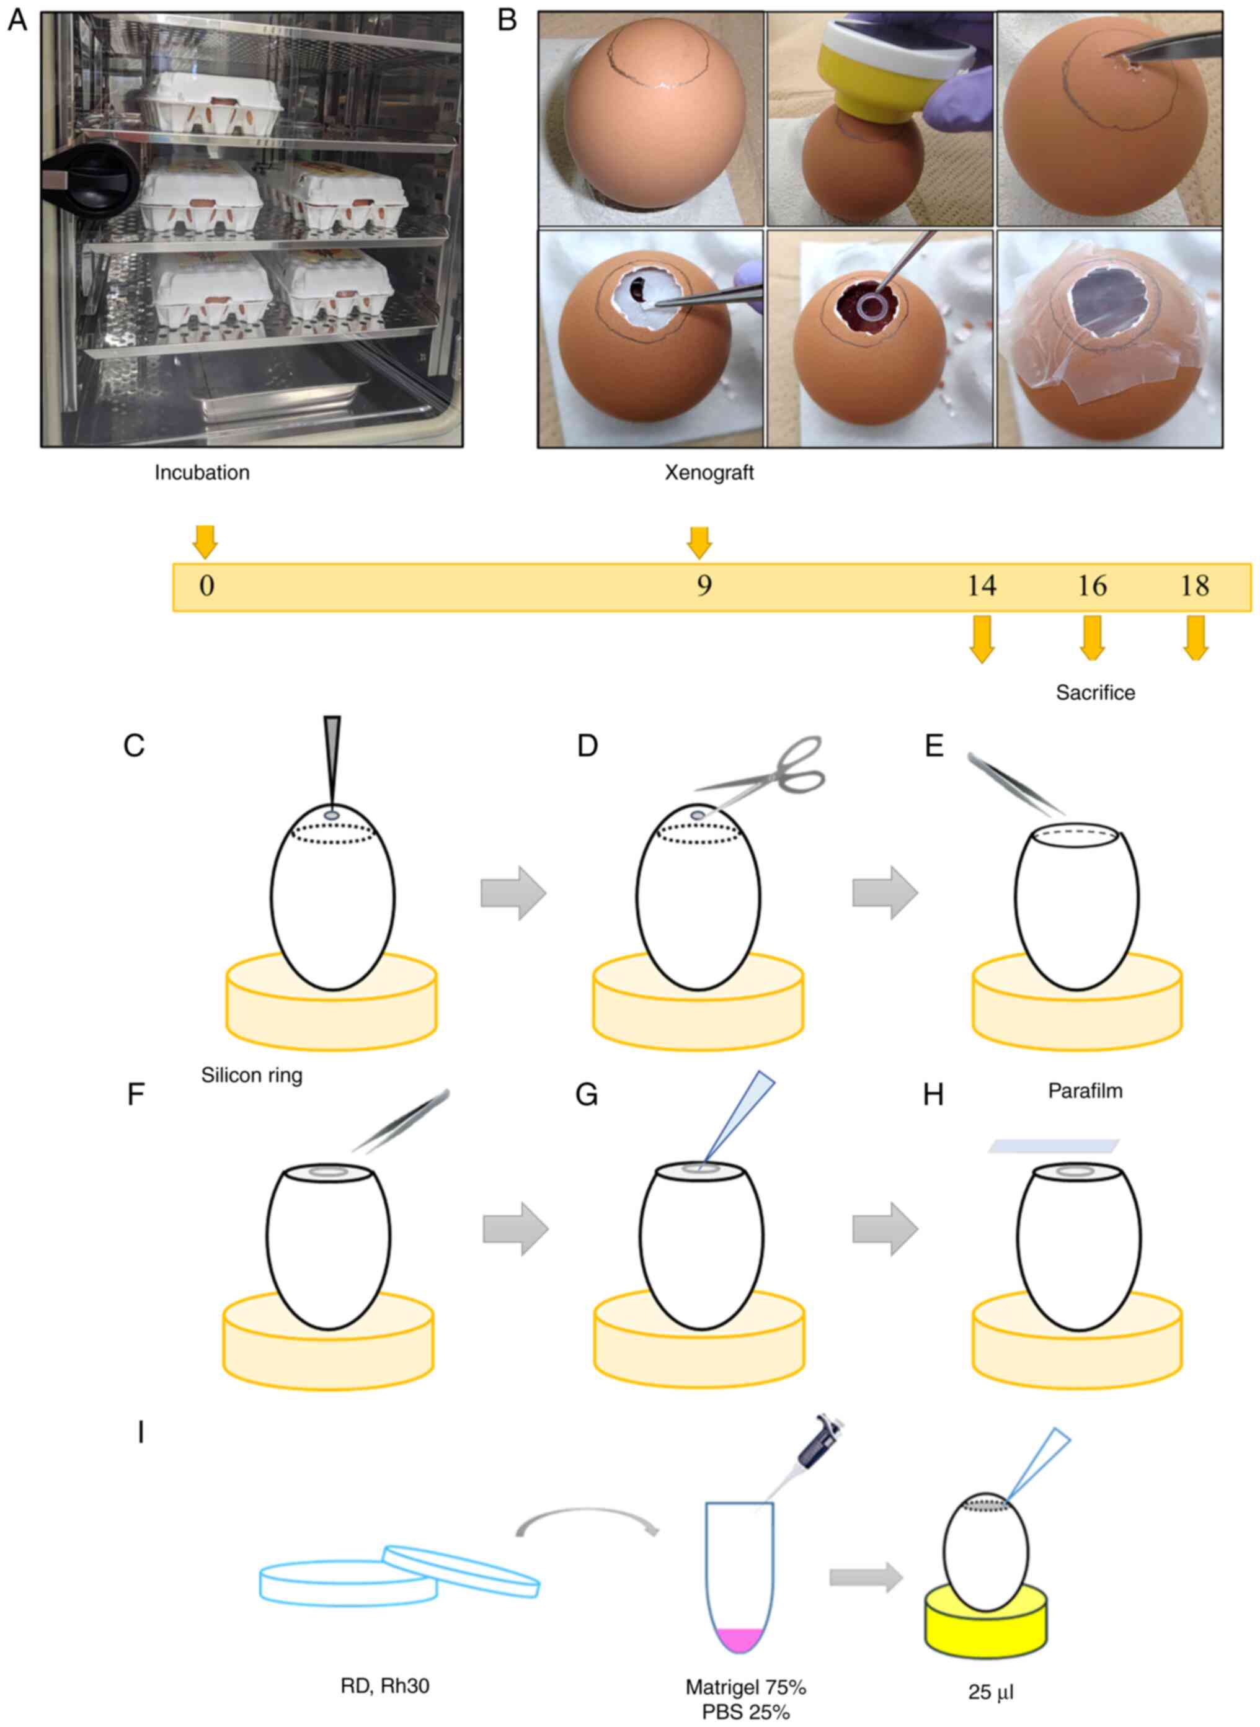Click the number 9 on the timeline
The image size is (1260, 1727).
(703, 586)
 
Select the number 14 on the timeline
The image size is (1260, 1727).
(982, 586)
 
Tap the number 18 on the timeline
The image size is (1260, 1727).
(1194, 586)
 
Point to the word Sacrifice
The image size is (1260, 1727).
(1095, 693)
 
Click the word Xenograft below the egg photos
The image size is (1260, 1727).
(709, 473)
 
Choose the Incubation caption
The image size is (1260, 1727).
(202, 473)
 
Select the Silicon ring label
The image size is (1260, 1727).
(252, 1076)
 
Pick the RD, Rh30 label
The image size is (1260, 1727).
(384, 1664)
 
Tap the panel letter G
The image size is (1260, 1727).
(587, 1096)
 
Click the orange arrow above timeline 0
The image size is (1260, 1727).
(205, 541)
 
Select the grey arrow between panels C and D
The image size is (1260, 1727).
(513, 893)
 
